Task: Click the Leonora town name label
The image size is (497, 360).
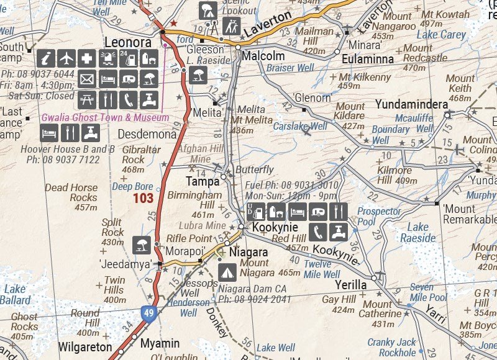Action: click(128, 43)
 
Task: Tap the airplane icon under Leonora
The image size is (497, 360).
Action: click(67, 59)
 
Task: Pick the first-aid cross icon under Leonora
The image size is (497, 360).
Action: click(88, 59)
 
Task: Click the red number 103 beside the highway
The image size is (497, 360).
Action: click(142, 199)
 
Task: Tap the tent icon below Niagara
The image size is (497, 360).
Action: click(228, 271)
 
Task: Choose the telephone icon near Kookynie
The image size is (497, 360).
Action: click(318, 231)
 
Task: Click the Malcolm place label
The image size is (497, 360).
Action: click(263, 56)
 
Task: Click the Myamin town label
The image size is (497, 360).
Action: click(159, 343)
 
